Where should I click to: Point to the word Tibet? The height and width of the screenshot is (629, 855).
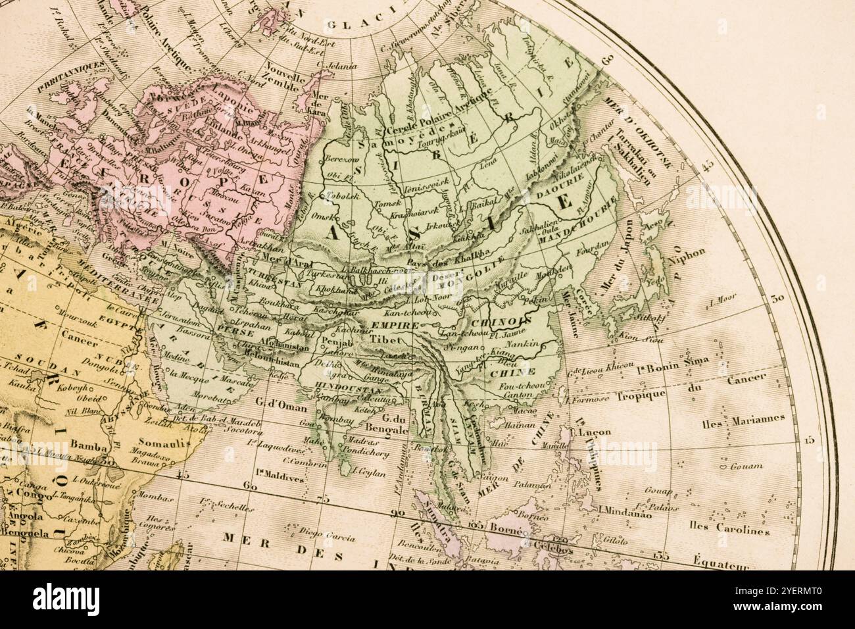[384, 338]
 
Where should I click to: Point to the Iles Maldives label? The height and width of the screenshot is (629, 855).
[281, 479]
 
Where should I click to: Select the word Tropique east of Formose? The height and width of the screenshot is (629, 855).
[641, 395]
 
